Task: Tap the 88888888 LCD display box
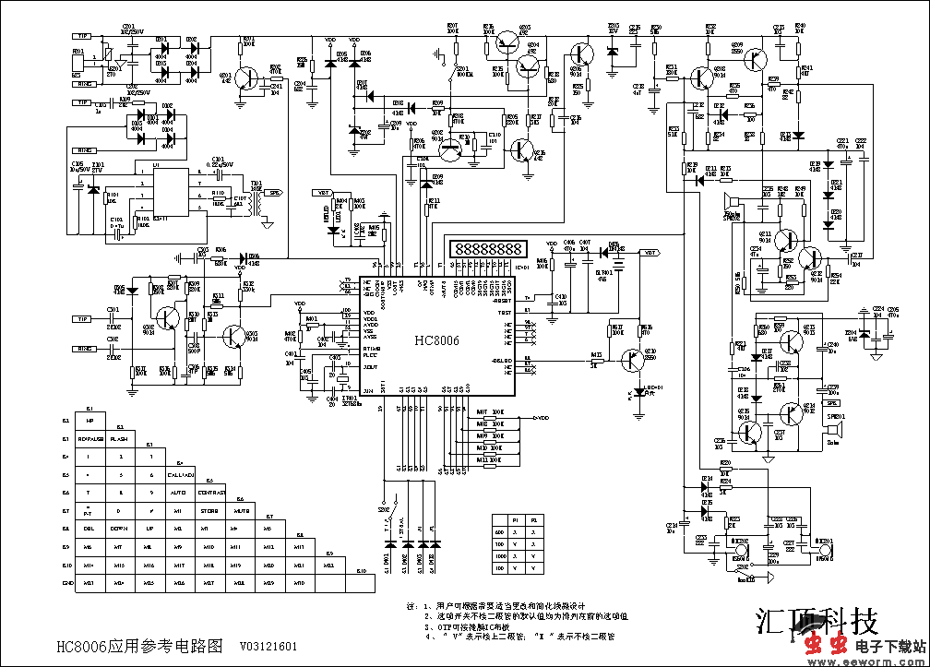point(487,250)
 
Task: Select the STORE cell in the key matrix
point(210,510)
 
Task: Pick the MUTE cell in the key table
point(240,510)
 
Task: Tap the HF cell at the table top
point(90,422)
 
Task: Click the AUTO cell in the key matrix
point(180,493)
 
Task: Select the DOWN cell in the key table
point(120,529)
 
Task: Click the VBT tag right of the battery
point(651,252)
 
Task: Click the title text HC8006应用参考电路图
point(138,647)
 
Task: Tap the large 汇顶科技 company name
point(817,619)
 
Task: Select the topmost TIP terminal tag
point(82,36)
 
